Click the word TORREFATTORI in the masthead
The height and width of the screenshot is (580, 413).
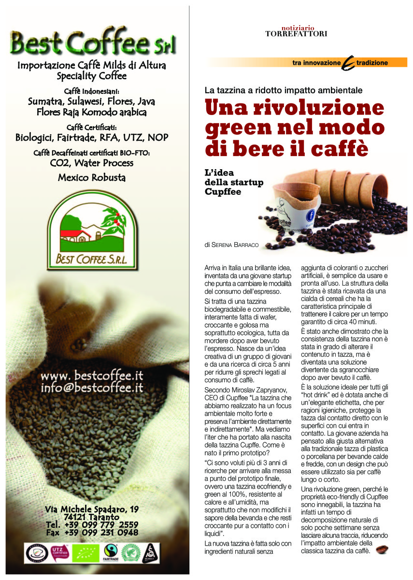click(297, 34)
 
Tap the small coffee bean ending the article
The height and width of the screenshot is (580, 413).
click(383, 550)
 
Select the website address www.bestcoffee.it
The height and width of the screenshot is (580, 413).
click(91, 376)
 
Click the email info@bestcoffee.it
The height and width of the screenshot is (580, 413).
click(92, 387)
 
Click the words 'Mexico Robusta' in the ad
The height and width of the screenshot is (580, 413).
click(92, 177)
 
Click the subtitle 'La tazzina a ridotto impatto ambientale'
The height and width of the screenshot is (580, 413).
click(283, 90)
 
